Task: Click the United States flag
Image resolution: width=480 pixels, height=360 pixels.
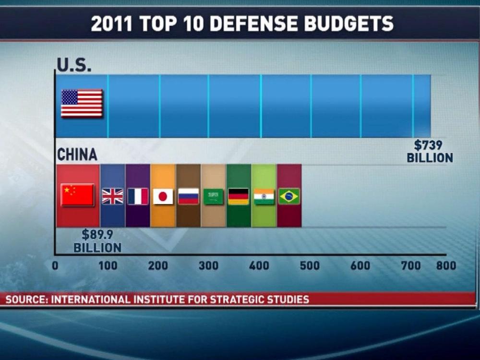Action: click(82, 103)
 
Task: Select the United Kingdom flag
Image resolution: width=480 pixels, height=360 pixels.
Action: click(112, 196)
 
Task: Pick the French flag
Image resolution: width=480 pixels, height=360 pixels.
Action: click(138, 196)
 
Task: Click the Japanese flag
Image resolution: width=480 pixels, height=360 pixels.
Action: click(163, 196)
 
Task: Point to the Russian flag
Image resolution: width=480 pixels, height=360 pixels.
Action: click(188, 196)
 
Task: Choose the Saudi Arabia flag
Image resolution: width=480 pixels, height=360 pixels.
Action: click(214, 196)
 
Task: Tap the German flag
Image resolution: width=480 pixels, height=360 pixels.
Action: click(239, 196)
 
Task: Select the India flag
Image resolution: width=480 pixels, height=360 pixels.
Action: click(264, 196)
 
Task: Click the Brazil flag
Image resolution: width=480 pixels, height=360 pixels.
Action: click(289, 196)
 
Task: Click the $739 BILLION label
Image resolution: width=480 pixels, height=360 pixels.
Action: click(430, 151)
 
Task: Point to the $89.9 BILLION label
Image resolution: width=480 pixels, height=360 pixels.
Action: click(97, 241)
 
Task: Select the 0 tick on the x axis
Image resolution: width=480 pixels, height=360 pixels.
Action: click(55, 265)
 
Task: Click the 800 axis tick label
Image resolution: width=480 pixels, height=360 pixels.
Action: click(446, 265)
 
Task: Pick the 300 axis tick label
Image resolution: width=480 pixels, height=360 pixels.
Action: click(209, 265)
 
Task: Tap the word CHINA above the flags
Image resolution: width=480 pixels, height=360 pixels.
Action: click(77, 155)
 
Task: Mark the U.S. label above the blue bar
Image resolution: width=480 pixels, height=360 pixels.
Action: click(74, 65)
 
